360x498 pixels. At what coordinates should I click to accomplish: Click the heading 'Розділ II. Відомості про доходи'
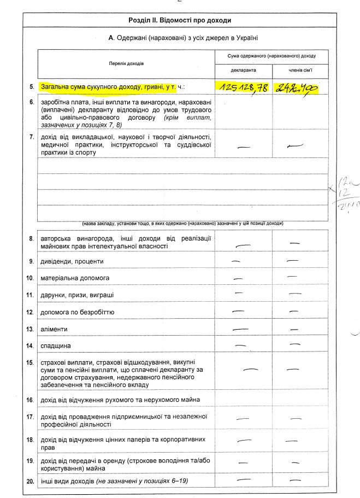[x=180, y=20]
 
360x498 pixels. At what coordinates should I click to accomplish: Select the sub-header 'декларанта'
[x=243, y=71]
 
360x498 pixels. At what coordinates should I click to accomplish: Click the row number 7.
[x=32, y=136]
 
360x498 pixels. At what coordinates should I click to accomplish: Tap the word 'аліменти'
[x=52, y=330]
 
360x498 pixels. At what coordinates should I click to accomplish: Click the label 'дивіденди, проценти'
[x=72, y=261]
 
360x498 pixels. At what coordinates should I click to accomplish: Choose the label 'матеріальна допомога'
[x=75, y=278]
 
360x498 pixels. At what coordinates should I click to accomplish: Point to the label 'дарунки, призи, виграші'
[x=77, y=295]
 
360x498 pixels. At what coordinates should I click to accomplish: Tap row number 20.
[x=31, y=481]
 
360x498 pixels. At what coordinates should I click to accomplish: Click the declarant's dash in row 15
[x=250, y=370]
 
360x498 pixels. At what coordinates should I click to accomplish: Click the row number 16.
[x=31, y=400]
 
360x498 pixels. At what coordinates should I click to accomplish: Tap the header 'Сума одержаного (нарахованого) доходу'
[x=272, y=56]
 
